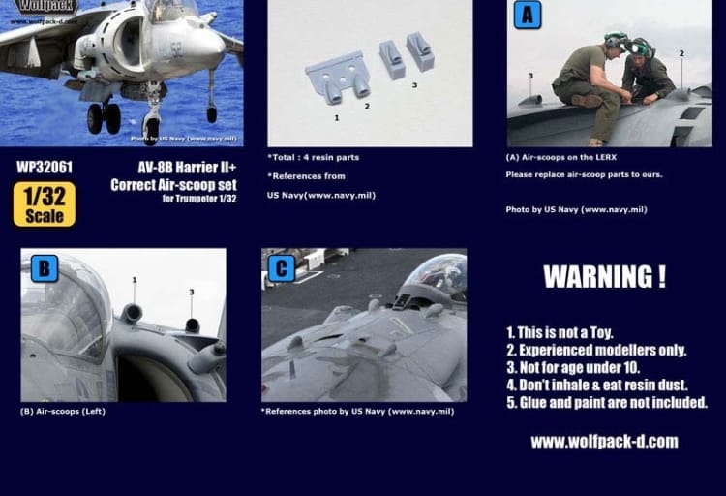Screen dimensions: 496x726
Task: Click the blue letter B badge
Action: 45,268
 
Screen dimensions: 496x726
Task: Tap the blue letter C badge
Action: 282,268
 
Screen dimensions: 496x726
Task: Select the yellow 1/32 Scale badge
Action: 45,204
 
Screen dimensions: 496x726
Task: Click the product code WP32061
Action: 45,167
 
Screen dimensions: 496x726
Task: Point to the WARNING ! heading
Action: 604,276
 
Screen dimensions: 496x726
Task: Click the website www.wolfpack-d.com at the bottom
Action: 604,442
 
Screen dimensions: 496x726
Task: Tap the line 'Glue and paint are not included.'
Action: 606,402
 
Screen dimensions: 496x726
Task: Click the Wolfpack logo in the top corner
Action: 45,9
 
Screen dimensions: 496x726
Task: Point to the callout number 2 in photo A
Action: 681,54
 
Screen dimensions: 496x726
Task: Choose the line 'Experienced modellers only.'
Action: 596,350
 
